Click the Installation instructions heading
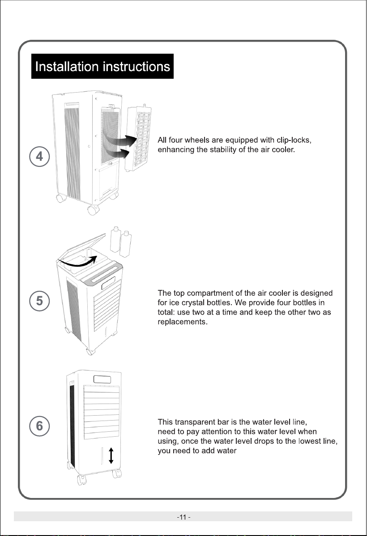[102, 66]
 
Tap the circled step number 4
[39, 157]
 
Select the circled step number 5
[39, 301]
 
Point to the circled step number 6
[39, 426]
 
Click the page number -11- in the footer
[183, 517]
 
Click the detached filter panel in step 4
[138, 139]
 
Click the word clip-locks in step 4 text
[294, 140]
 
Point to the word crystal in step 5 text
[193, 303]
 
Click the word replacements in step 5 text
[182, 322]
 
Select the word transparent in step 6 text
[195, 422]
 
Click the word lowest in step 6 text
[309, 441]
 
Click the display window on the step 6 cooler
[102, 379]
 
